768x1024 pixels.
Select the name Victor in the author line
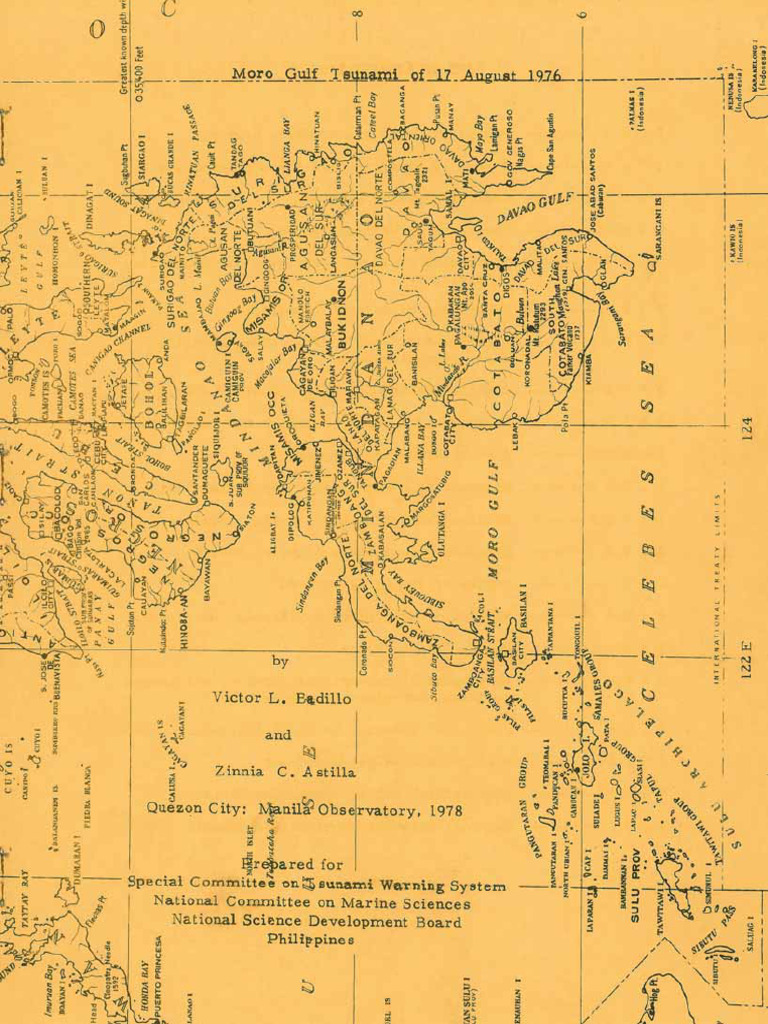pyautogui.click(x=236, y=698)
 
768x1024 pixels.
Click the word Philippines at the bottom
pyautogui.click(x=311, y=940)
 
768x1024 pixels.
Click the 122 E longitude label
pyautogui.click(x=746, y=664)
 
